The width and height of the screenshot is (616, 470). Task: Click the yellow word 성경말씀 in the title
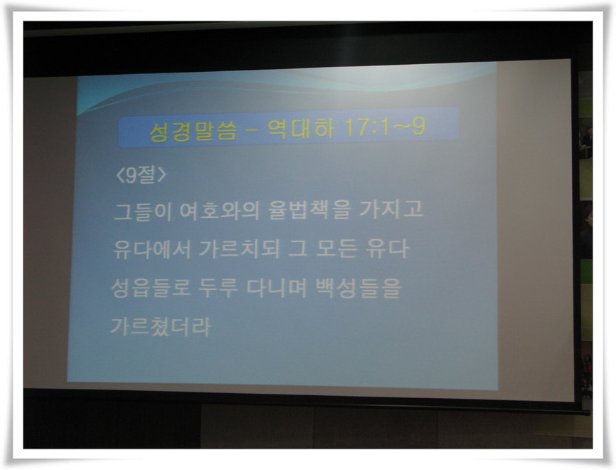click(193, 131)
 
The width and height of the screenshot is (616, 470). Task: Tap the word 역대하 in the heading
click(302, 128)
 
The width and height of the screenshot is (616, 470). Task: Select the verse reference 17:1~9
click(385, 127)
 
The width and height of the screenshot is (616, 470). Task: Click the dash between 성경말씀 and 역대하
click(253, 130)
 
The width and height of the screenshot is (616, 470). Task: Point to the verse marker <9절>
click(141, 174)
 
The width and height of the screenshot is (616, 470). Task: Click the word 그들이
click(142, 211)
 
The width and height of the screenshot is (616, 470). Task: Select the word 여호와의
click(219, 210)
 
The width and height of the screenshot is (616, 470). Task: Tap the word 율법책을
click(309, 209)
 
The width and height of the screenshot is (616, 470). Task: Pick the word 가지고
click(391, 209)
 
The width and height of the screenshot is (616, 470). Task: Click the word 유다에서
click(152, 249)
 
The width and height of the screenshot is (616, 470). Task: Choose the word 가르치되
click(239, 249)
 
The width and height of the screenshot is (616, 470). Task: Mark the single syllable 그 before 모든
click(297, 249)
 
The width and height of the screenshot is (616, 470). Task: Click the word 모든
click(336, 248)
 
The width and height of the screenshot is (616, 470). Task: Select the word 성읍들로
click(151, 288)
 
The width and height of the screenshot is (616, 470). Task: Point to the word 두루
click(218, 288)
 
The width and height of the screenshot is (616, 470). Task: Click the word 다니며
click(277, 288)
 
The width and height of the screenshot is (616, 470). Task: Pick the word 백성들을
click(359, 288)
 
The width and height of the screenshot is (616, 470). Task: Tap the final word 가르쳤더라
click(161, 326)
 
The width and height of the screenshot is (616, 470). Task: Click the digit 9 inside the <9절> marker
click(131, 175)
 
